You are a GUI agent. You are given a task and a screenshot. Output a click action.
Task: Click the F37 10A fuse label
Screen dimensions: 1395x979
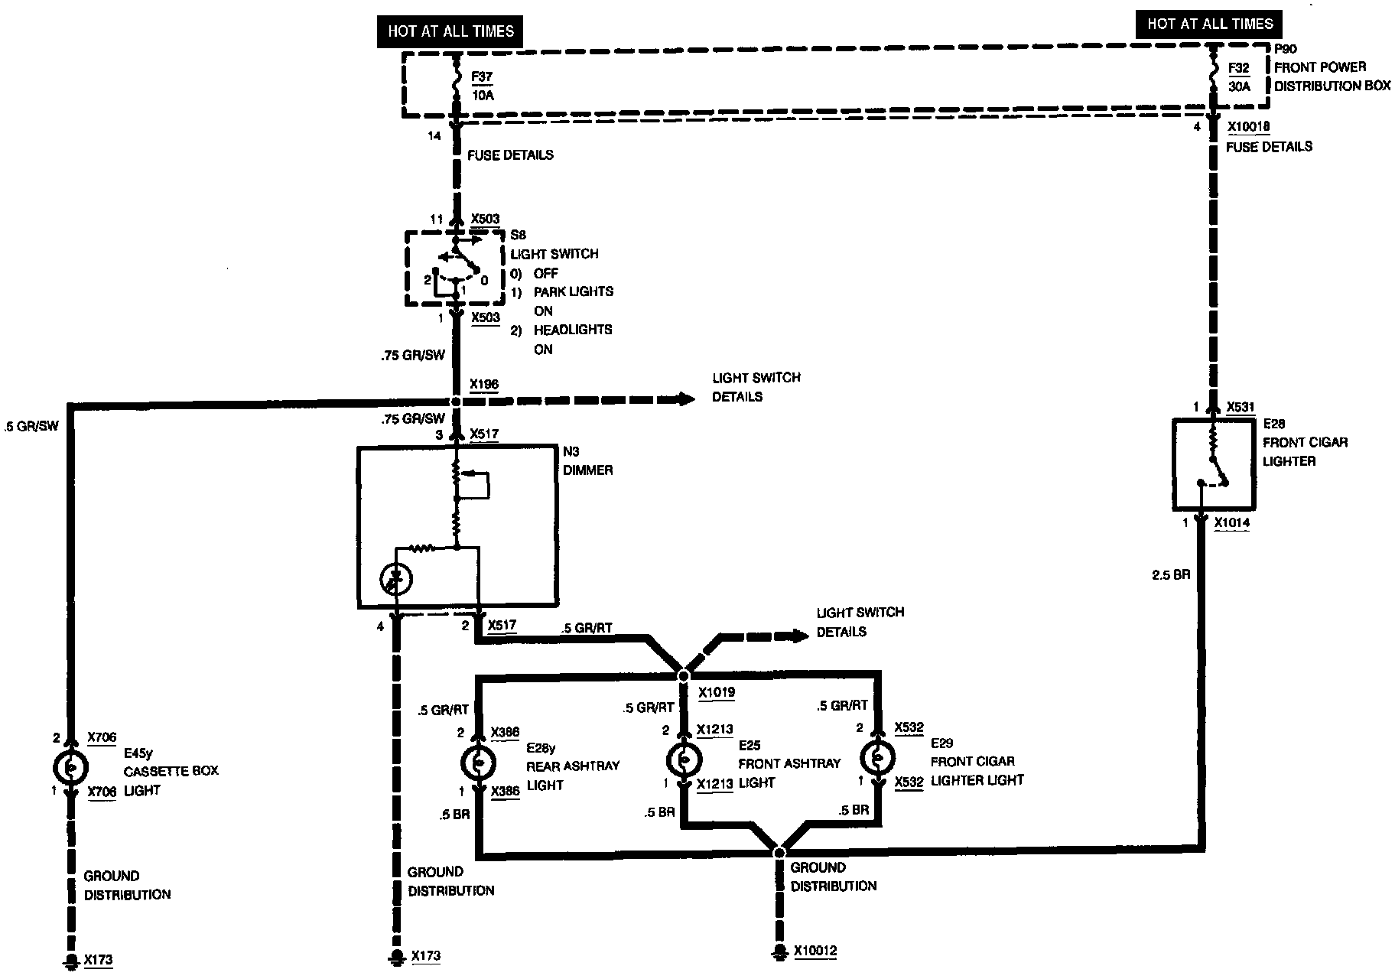coord(483,86)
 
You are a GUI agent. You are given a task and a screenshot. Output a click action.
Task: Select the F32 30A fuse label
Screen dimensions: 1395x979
coord(1239,77)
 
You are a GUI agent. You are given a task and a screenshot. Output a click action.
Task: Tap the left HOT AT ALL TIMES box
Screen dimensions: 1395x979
coord(450,31)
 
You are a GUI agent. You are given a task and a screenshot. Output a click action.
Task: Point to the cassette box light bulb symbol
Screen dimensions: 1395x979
coord(70,766)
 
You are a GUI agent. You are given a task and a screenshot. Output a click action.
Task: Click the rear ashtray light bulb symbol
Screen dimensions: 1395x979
coord(478,763)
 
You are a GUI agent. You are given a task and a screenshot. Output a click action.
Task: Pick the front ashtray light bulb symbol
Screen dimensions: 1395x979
coord(684,759)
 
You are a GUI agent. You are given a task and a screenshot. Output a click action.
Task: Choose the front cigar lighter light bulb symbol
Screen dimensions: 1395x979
coord(877,758)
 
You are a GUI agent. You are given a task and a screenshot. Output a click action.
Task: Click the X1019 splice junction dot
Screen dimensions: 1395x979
coord(684,675)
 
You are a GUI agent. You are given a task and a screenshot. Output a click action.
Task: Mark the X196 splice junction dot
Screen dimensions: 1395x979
coord(456,402)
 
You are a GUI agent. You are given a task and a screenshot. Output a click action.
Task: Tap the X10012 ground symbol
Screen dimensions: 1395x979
coord(779,952)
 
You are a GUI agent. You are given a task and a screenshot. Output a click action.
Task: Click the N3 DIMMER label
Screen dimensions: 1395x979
coord(587,460)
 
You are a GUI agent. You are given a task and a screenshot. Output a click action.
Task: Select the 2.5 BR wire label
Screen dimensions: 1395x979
coord(1171,575)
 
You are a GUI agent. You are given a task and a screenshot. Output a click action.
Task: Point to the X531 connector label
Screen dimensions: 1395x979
coord(1241,408)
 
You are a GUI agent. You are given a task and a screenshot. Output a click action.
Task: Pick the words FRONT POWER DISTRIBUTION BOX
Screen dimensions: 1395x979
coord(1332,76)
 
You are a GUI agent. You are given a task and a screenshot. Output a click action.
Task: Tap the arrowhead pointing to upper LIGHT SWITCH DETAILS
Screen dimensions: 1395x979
coord(684,399)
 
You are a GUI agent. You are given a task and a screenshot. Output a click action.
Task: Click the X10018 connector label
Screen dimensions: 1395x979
coord(1248,127)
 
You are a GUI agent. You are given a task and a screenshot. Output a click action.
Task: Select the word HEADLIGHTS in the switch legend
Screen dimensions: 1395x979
coord(573,330)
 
